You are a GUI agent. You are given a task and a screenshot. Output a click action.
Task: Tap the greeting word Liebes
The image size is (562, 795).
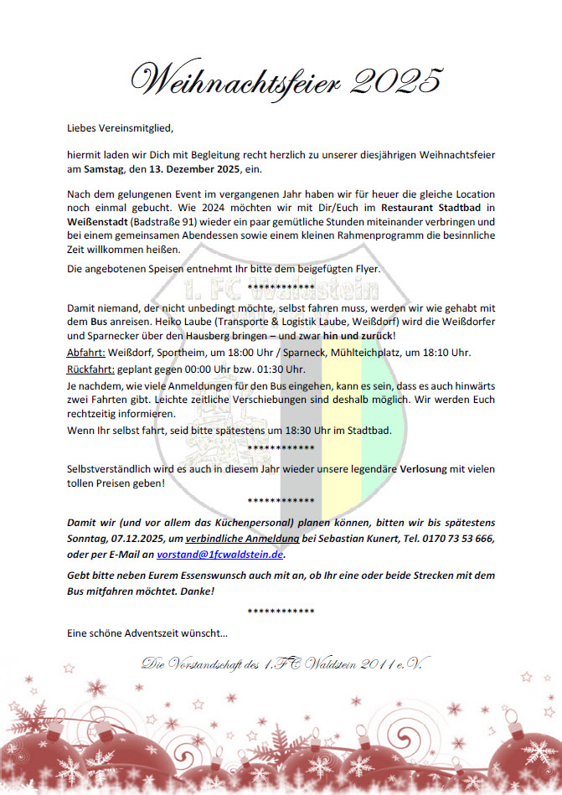click(83, 128)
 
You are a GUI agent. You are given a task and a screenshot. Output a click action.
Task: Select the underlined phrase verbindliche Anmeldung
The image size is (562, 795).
click(255, 539)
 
